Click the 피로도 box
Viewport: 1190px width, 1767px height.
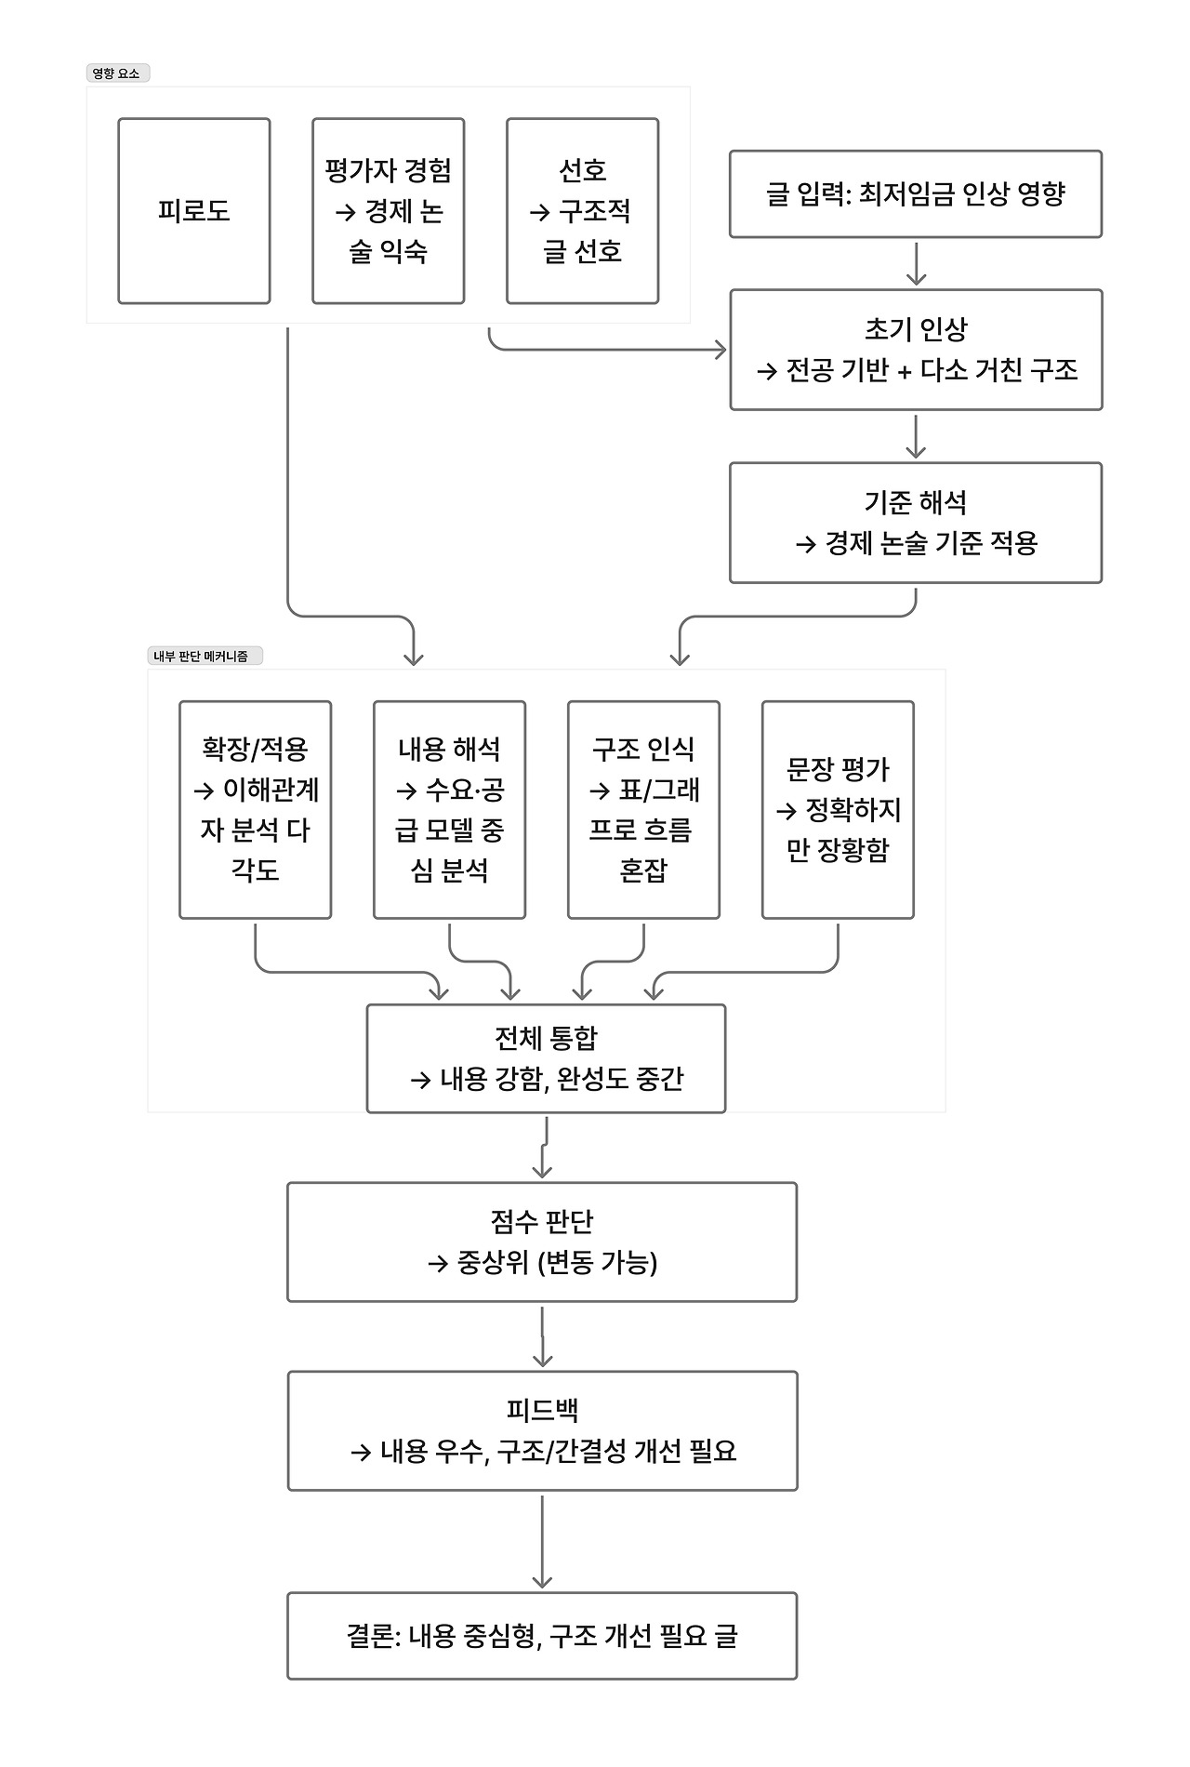pos(193,211)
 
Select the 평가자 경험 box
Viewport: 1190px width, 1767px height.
pos(388,211)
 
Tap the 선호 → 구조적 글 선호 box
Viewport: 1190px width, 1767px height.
pos(582,211)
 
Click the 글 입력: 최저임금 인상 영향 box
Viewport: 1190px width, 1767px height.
pos(915,194)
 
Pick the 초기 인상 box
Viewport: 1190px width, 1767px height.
pos(915,350)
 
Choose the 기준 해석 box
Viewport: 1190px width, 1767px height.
pos(915,523)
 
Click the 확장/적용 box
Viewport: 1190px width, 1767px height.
pos(255,810)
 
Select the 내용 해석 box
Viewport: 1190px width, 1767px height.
pos(449,810)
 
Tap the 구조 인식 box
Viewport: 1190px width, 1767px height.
pos(643,810)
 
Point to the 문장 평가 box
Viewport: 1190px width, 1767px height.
pos(838,810)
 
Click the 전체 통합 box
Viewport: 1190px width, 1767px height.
pos(546,1058)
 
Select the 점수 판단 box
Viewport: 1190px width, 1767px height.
pos(542,1242)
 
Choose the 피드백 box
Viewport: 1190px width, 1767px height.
pos(542,1431)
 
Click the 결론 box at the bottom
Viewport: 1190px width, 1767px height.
pos(542,1636)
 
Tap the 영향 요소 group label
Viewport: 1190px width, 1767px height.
pos(116,73)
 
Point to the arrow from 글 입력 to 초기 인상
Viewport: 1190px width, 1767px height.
pos(916,263)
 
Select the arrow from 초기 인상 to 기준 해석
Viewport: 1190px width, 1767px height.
pos(916,436)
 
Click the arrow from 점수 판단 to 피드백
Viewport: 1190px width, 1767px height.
pos(542,1336)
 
